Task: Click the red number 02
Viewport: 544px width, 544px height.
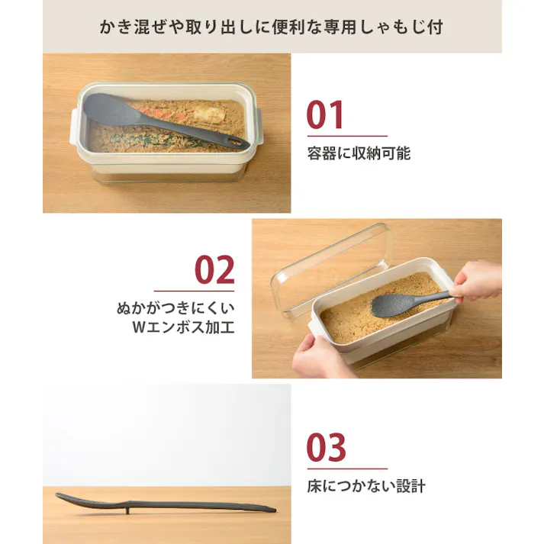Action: (x=214, y=270)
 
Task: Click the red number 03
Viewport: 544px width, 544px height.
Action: (x=326, y=448)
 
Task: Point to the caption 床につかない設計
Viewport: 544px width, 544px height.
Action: (x=365, y=486)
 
